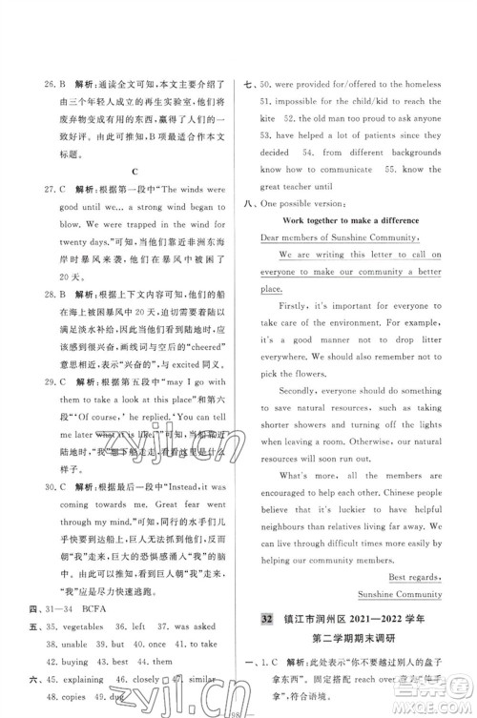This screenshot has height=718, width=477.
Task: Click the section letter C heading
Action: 135,171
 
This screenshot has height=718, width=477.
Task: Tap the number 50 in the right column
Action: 266,83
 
